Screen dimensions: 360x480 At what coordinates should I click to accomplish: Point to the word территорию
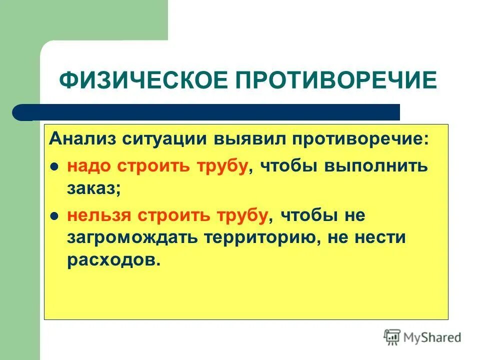tap(260, 237)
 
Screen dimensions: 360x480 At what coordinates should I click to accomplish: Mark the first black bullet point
tap(55, 166)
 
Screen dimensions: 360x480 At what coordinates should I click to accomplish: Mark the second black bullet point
tap(55, 215)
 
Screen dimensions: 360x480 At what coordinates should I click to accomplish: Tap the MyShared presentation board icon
tap(391, 337)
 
